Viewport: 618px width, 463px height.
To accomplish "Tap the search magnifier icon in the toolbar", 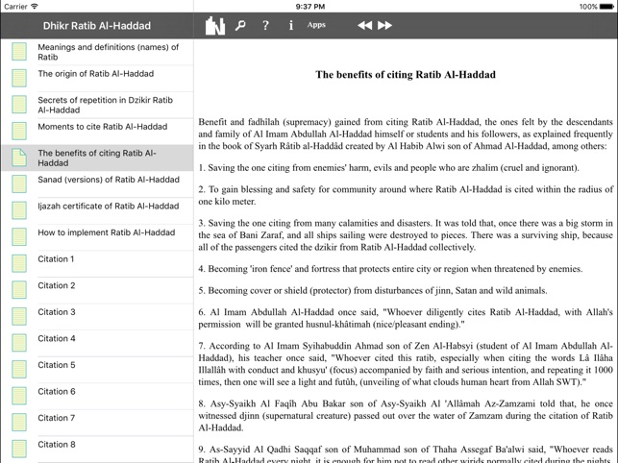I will click(240, 26).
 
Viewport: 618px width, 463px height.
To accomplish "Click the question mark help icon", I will click(265, 26).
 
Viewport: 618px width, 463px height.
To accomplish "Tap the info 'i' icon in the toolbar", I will click(290, 26).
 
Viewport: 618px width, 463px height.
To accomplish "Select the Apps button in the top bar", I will click(316, 25).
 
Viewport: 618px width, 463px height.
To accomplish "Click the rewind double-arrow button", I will click(364, 26).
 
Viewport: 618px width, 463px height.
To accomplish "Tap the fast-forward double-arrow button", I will click(385, 26).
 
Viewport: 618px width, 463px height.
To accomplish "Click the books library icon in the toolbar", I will click(214, 26).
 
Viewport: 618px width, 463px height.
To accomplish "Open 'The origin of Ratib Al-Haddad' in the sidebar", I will click(95, 74).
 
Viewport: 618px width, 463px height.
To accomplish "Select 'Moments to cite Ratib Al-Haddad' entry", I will click(102, 127).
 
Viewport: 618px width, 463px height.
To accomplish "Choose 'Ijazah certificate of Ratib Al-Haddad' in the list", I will click(108, 207).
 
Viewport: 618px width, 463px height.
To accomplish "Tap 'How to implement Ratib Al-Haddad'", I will click(106, 232).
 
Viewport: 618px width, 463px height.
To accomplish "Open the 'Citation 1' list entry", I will click(56, 259).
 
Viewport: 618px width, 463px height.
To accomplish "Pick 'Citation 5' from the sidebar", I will click(56, 365).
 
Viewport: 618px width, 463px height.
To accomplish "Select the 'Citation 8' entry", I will click(56, 445).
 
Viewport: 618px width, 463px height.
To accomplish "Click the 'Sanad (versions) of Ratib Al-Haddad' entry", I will click(108, 180).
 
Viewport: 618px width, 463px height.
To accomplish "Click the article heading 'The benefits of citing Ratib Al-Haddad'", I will click(406, 74).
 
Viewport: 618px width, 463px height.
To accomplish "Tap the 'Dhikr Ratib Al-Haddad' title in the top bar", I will click(95, 26).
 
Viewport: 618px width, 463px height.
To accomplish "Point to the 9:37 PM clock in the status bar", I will click(309, 6).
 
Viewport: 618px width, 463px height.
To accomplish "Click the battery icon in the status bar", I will click(608, 6).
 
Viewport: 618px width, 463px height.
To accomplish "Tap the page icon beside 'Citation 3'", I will click(19, 315).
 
